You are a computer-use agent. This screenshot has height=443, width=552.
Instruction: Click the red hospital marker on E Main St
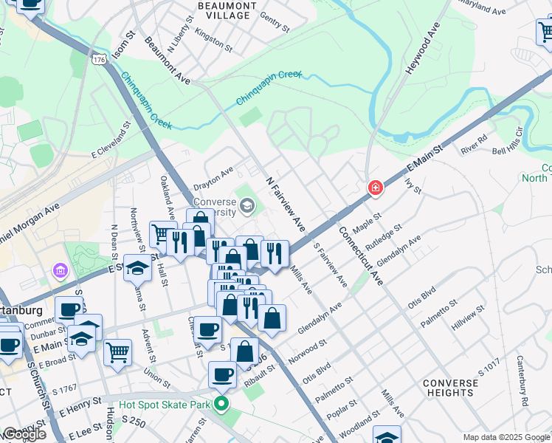[376, 188]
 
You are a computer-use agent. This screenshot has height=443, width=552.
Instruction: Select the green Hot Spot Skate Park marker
[221, 405]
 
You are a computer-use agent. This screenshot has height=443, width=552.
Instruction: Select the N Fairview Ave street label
[286, 204]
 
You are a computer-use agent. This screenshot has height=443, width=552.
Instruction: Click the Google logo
[24, 434]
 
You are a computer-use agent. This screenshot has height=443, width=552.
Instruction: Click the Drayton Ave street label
[213, 182]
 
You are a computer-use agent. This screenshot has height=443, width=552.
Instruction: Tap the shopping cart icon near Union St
[117, 352]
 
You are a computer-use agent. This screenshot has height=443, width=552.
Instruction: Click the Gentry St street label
[275, 22]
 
